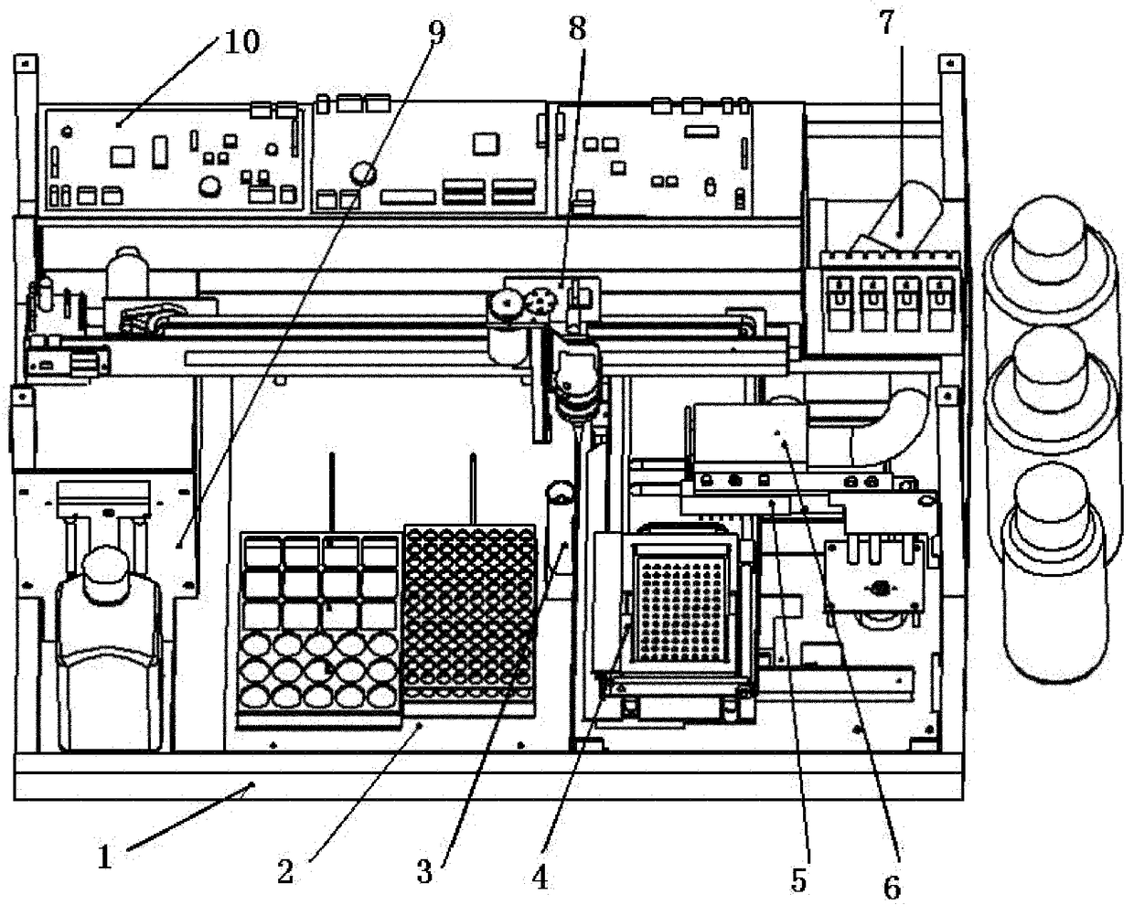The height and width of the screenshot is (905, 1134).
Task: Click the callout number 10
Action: pyautogui.click(x=241, y=41)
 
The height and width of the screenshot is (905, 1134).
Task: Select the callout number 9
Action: pyautogui.click(x=436, y=33)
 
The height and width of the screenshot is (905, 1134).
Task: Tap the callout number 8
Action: pyautogui.click(x=576, y=28)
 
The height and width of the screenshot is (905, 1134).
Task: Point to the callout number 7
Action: pyautogui.click(x=886, y=25)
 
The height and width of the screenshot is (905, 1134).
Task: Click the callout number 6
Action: pyautogui.click(x=892, y=885)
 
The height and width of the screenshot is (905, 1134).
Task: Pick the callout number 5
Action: pyautogui.click(x=798, y=880)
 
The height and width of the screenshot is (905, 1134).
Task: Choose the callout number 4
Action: pyautogui.click(x=540, y=878)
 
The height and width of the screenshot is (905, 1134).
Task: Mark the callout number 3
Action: pyautogui.click(x=424, y=872)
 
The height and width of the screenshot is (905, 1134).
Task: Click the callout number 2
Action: pyautogui.click(x=285, y=872)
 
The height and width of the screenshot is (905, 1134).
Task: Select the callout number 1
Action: pyautogui.click(x=105, y=857)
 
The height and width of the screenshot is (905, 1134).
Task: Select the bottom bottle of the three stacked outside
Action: pyautogui.click(x=1052, y=567)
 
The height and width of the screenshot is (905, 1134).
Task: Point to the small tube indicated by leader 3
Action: pyautogui.click(x=559, y=526)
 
